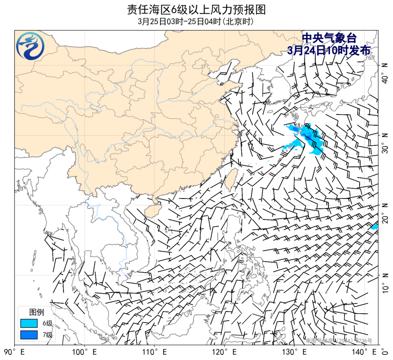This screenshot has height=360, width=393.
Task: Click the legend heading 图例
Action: click(37, 312)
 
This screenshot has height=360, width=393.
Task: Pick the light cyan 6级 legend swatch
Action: click(28, 323)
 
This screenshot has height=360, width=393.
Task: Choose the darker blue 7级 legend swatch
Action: click(28, 335)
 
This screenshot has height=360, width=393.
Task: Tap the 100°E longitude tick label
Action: click(85, 352)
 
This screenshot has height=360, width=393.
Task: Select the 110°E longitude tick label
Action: click(154, 352)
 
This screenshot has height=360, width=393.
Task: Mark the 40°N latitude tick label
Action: click(385, 73)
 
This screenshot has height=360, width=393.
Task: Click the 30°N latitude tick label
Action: click(385, 143)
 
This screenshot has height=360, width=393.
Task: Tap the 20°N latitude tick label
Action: click(385, 213)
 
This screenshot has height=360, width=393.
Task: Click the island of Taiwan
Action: click(231, 178)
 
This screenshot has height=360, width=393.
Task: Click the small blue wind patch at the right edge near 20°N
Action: click(375, 226)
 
